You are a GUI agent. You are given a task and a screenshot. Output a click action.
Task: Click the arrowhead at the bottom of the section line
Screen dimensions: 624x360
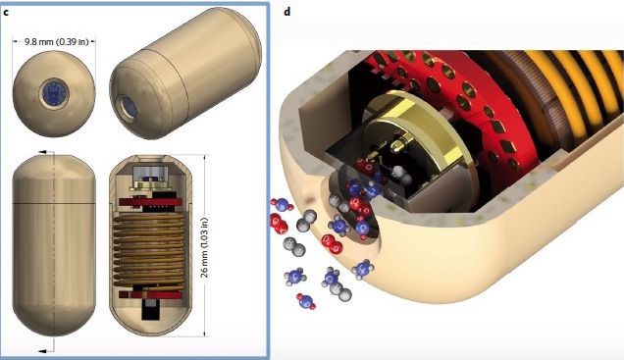tap(42, 350)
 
